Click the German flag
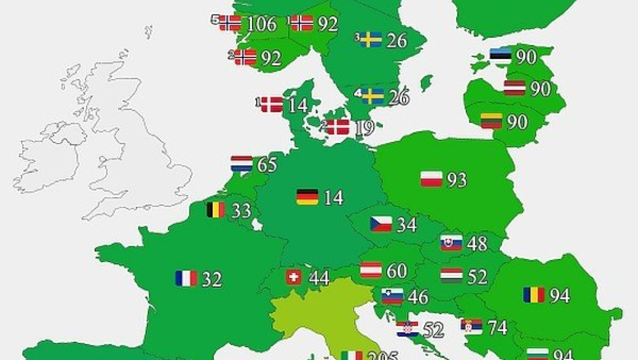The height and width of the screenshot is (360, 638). pos(307,197)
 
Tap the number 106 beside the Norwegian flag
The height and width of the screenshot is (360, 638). pos(261,24)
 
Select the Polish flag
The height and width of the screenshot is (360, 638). pos(432,179)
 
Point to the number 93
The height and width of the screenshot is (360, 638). pos(457,180)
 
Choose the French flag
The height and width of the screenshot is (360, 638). pos(186,278)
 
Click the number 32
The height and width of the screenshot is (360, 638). pos(212,279)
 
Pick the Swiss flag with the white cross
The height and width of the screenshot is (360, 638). pos(293,277)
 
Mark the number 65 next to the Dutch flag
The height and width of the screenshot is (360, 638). pos(267,165)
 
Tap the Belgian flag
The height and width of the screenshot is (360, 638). pos(216,210)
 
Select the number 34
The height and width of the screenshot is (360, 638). pos(406,225)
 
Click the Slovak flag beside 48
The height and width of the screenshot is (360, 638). pos(452,243)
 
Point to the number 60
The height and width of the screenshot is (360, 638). pos(396,271)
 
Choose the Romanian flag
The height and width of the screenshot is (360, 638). pos(534,295)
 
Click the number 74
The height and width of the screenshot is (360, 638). pos(498,327)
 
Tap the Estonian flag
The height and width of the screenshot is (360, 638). pos(501,56)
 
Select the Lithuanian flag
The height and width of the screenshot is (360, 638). pos(491,121)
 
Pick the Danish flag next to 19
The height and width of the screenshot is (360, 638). pos(338,127)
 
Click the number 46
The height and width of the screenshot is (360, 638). pos(418,297)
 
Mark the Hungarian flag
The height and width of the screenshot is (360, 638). pos(452,276)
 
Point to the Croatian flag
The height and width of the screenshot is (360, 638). pos(407,329)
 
